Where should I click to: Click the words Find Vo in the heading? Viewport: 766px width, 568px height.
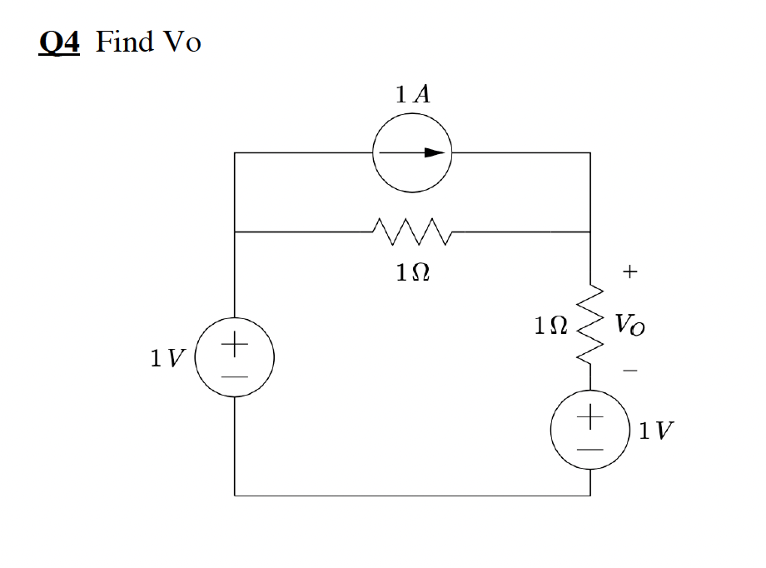148,42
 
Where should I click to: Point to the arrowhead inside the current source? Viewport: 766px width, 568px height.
434,152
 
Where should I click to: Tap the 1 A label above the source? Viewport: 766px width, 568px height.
413,94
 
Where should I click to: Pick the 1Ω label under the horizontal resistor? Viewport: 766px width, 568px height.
413,272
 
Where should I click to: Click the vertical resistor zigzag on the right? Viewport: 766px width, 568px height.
590,326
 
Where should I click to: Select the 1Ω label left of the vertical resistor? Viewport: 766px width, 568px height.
551,325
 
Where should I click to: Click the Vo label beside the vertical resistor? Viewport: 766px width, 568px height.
629,325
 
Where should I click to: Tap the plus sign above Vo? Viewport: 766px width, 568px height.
630,272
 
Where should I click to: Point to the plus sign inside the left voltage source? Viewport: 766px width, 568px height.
235,342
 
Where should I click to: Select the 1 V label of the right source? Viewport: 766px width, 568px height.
657,431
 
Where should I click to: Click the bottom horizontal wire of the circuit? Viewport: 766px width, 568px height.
412,496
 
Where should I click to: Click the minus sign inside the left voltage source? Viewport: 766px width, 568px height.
235,377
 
